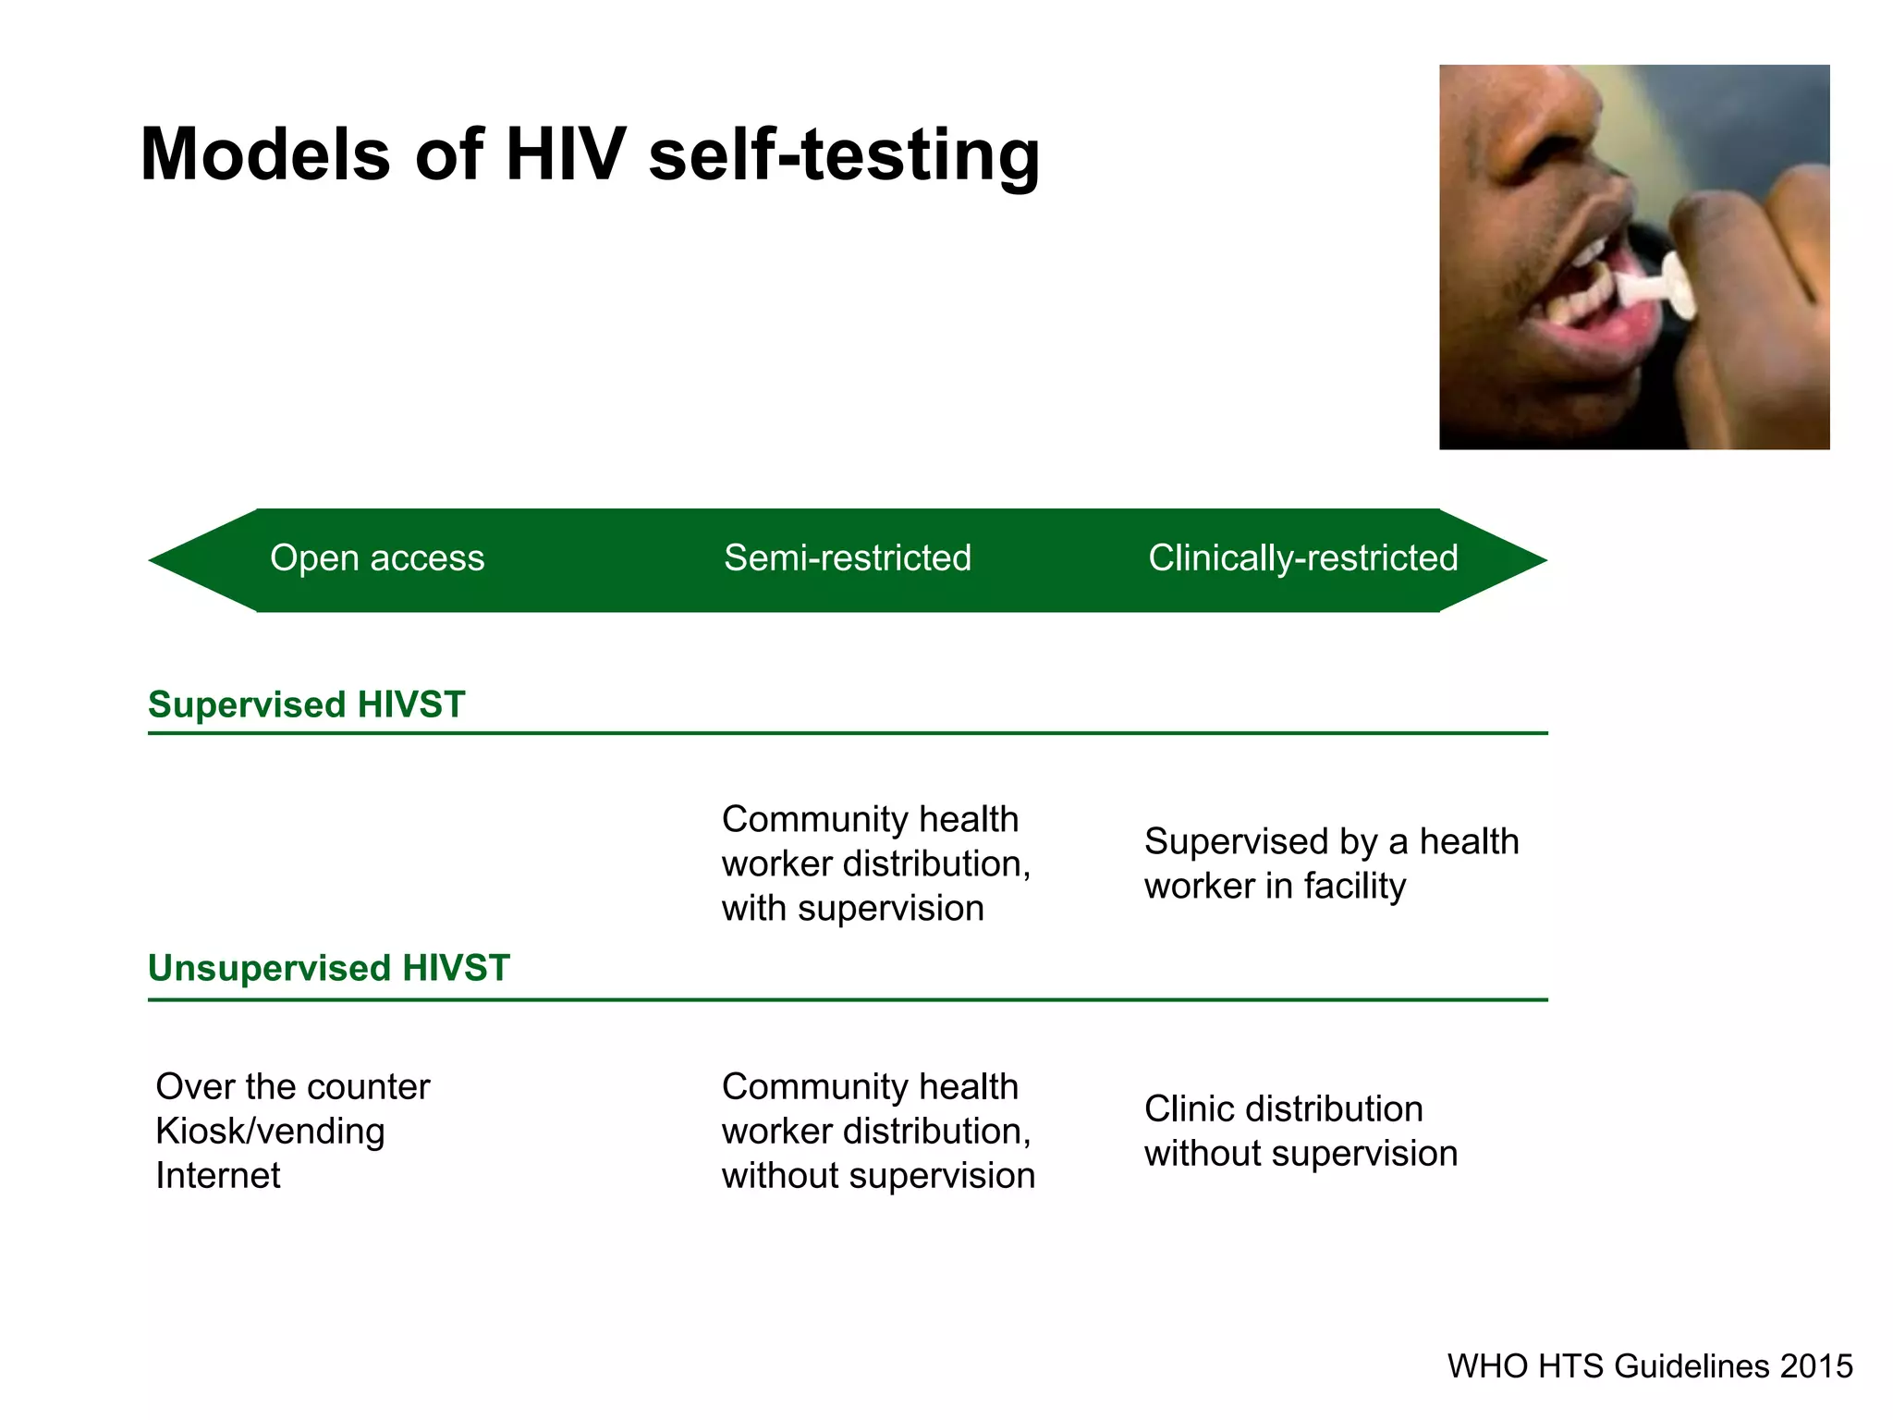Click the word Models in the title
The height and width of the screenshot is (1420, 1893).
click(x=265, y=154)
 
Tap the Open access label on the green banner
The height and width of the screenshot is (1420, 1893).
click(x=377, y=558)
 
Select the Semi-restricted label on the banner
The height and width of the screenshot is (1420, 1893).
click(x=848, y=558)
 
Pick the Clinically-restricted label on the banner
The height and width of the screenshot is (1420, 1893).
click(x=1302, y=558)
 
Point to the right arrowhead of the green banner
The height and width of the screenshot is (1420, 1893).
click(x=1497, y=560)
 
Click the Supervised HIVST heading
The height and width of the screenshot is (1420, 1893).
click(x=306, y=704)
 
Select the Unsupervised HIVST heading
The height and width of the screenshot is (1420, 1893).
click(x=328, y=968)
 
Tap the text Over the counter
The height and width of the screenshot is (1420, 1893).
click(x=292, y=1087)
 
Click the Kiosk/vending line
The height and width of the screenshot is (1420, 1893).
click(x=270, y=1132)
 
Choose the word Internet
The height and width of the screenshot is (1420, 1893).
click(x=217, y=1176)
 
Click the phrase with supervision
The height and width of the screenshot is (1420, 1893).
click(x=852, y=909)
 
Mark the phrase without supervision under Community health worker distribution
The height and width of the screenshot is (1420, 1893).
click(x=878, y=1176)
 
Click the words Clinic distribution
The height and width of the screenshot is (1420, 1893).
click(x=1283, y=1109)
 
